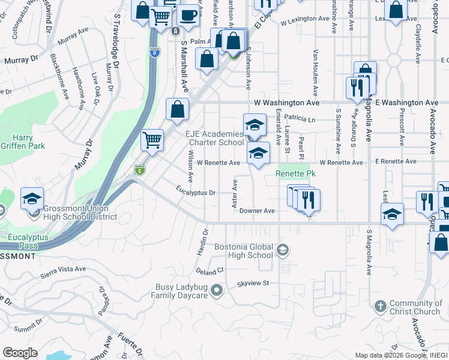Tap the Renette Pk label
[x=295, y=174]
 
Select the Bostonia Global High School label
[x=244, y=251]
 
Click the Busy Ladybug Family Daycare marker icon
[x=217, y=291]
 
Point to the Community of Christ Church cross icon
[x=379, y=307]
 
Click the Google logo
[x=20, y=353]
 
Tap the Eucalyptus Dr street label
[x=196, y=193]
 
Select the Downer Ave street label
[x=256, y=211]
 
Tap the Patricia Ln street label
[x=300, y=119]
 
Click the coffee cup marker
[x=188, y=15]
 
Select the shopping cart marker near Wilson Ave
[x=152, y=140]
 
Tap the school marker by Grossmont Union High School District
[x=32, y=199]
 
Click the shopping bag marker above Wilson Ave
[x=177, y=109]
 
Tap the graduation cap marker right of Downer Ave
[x=391, y=214]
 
